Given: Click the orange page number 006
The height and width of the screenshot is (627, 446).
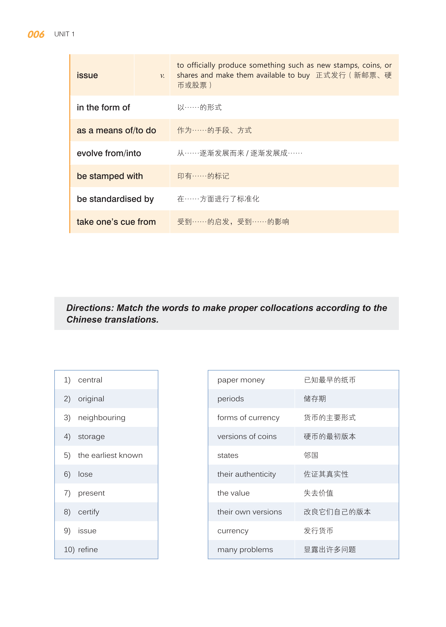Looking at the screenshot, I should tap(36, 34).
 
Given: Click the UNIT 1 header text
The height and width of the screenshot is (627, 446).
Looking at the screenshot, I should tap(64, 34).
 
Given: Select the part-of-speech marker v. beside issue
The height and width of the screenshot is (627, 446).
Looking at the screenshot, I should tap(162, 76).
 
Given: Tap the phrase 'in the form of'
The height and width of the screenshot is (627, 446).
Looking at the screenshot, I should tap(103, 108).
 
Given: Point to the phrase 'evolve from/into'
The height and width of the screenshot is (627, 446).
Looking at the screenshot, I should tap(109, 153).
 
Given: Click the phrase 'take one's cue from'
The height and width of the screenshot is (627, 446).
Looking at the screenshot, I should tap(116, 222).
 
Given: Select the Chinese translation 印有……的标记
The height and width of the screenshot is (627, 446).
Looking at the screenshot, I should tap(203, 176).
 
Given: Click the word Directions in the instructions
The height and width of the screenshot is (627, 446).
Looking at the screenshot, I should tap(90, 308).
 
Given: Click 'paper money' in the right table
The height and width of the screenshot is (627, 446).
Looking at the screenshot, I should tap(241, 380).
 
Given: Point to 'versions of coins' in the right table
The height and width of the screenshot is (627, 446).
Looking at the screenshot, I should tap(247, 436).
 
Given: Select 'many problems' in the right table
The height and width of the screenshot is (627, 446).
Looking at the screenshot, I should tap(245, 550).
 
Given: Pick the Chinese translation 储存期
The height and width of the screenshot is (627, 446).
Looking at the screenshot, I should tap(315, 399).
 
